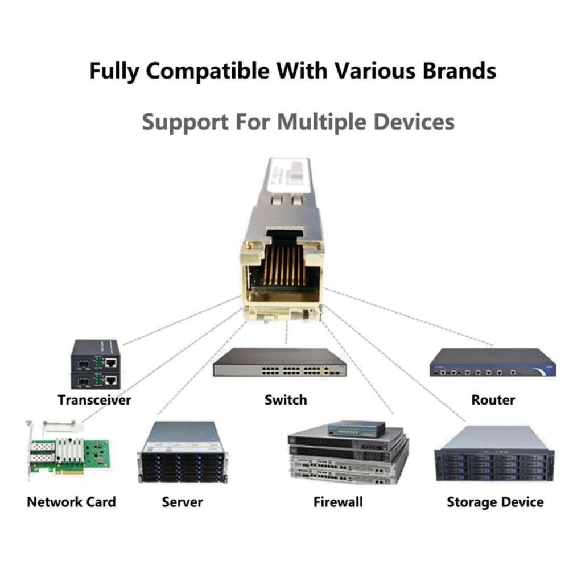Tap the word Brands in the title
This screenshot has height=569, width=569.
point(453,71)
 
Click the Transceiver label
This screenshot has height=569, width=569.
point(94,400)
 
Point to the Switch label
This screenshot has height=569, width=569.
point(286,400)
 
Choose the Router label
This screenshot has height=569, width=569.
point(493,400)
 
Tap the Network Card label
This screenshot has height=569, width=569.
point(71,502)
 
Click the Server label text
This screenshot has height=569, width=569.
point(182,502)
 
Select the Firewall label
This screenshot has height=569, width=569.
point(338,502)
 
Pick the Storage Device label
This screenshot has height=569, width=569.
point(494,502)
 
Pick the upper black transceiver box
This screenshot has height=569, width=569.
point(95,356)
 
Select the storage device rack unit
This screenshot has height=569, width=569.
point(494,455)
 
